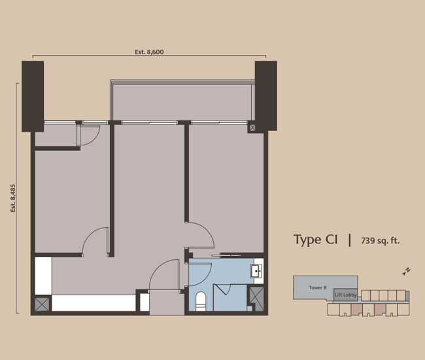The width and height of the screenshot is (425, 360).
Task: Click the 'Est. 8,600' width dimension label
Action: tap(149, 51)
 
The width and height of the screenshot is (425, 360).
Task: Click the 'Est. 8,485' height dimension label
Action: tap(12, 198)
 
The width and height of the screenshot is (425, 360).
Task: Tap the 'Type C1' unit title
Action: tap(316, 240)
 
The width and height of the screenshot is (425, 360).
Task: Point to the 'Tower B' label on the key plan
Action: tap(317, 287)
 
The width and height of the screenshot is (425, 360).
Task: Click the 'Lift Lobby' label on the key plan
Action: tap(345, 295)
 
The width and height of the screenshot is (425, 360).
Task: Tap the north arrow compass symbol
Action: tap(406, 271)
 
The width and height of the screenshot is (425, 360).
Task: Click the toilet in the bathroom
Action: tap(201, 300)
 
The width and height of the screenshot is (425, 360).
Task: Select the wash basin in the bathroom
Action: tap(258, 270)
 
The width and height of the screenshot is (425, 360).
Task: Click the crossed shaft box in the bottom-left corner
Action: tap(42, 304)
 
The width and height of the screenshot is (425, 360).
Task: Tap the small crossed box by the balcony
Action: tap(252, 128)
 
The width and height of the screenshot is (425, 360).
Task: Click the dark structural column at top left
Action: tap(33, 96)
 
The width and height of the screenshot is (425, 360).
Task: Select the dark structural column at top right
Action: tap(265, 94)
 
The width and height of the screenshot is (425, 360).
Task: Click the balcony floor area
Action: tap(181, 101)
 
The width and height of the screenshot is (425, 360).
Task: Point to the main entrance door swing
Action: tap(164, 275)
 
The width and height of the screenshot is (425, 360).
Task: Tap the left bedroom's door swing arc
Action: tap(95, 241)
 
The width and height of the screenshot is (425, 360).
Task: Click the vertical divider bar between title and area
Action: tap(350, 240)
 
